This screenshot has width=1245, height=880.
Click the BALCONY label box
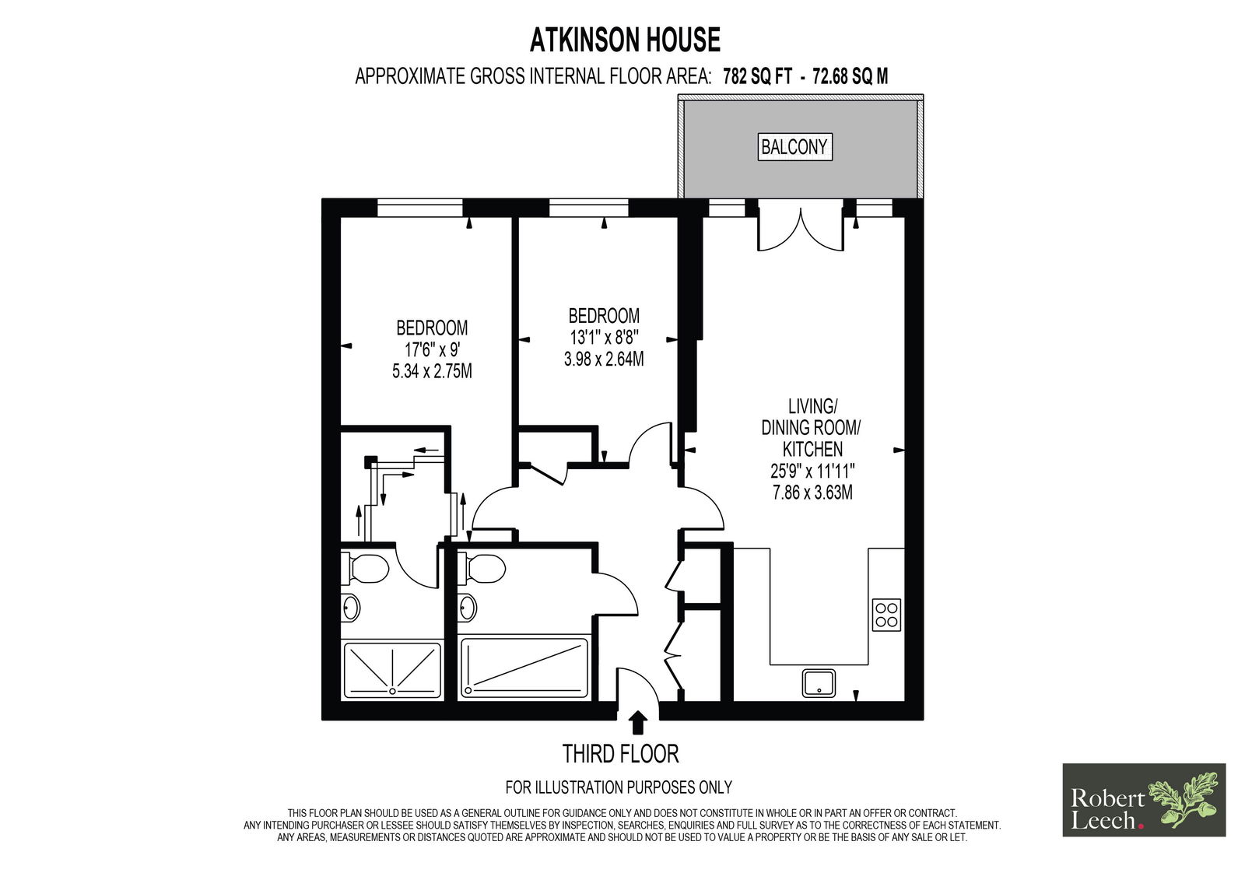click(x=794, y=147)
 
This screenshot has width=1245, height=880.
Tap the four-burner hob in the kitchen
click(x=886, y=615)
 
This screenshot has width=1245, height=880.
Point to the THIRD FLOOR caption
click(x=621, y=755)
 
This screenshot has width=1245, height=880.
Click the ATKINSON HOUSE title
click(x=626, y=40)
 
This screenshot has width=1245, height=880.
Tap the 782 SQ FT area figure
click(x=757, y=76)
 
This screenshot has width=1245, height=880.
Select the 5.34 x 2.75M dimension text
click(x=432, y=371)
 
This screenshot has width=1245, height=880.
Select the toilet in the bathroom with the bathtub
click(x=482, y=568)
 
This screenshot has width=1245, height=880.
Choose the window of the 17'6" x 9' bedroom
click(x=420, y=208)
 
